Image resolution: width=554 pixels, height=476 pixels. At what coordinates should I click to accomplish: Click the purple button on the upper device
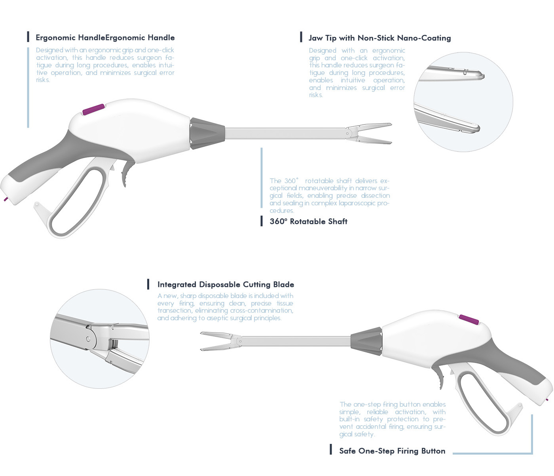(93, 109)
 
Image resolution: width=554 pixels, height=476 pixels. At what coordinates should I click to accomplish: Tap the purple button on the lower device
(469, 319)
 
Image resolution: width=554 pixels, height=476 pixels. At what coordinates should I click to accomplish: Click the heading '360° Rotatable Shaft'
(308, 222)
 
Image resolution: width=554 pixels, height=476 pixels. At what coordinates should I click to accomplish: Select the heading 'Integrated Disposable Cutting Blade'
(226, 285)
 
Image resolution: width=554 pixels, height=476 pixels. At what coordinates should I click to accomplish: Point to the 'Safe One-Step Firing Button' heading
(392, 451)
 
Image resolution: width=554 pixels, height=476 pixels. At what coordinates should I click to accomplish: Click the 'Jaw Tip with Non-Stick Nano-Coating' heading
(379, 38)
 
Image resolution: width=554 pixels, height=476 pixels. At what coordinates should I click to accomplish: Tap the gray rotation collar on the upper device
(207, 133)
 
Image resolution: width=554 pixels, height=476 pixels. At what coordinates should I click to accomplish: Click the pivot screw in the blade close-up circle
(88, 339)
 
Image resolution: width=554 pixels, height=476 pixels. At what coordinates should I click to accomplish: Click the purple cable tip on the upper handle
(6, 199)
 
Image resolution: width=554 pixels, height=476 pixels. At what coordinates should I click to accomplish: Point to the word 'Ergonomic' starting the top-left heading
(55, 38)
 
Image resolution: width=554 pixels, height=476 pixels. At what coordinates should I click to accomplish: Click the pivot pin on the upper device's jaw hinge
(347, 134)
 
